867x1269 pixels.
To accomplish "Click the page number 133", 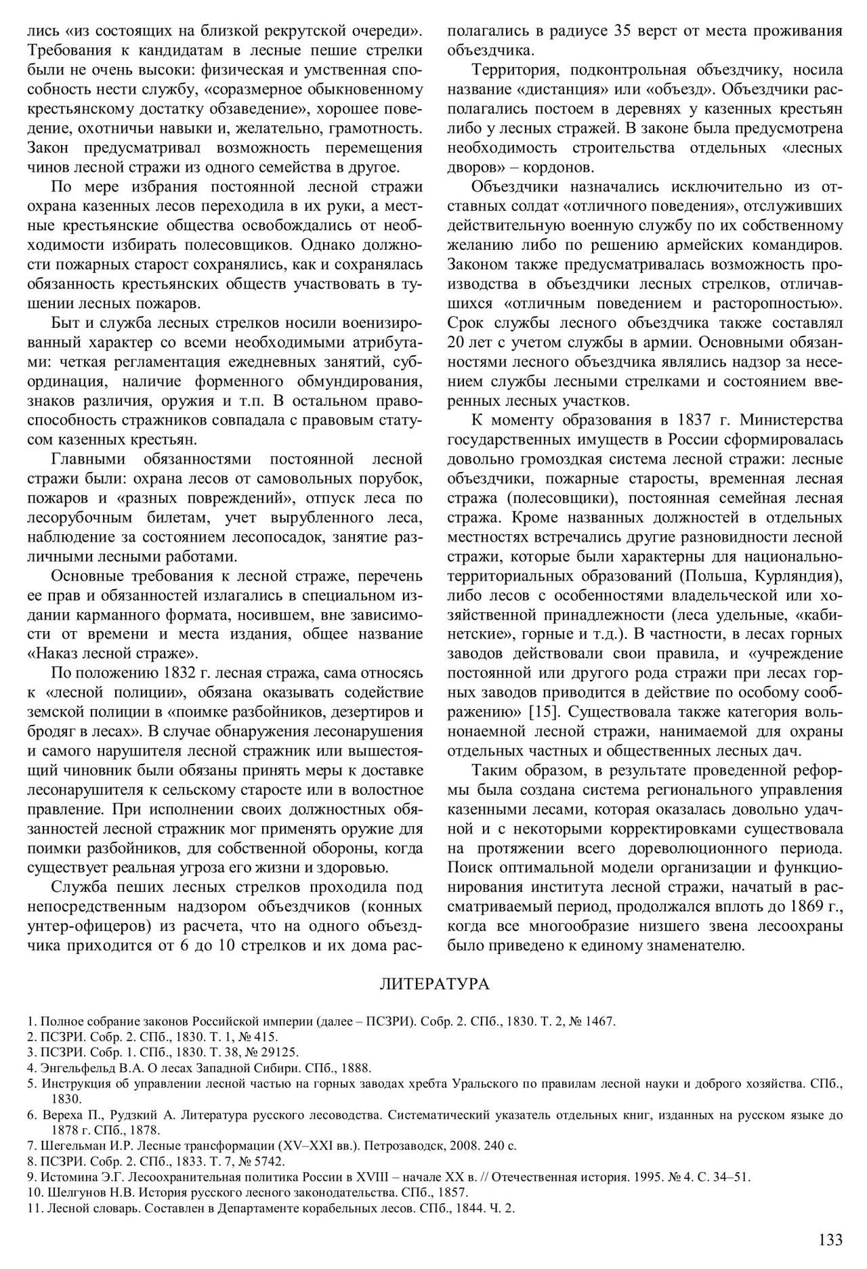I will click(x=830, y=1240).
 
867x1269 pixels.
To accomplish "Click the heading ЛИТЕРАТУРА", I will click(x=434, y=983).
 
